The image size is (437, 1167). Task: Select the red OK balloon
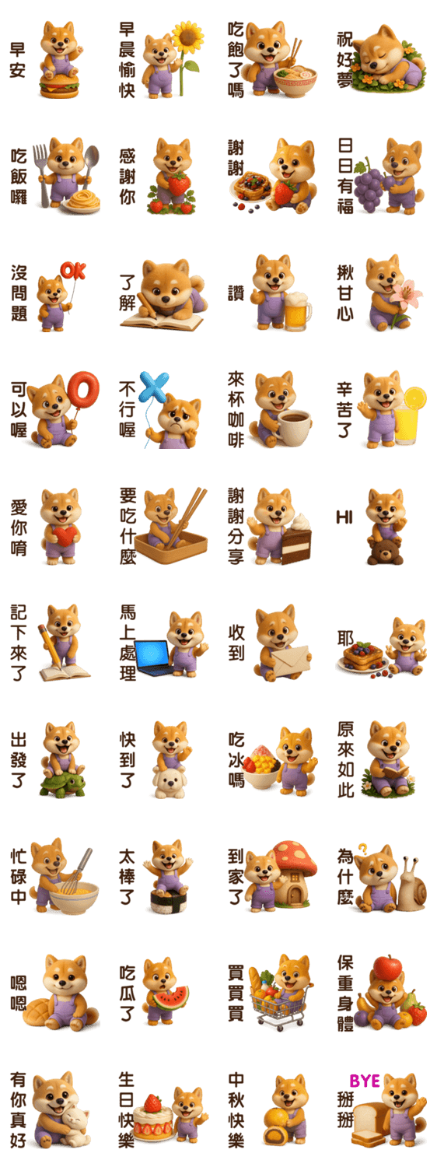[x=73, y=271]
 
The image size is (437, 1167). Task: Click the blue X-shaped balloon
[x=154, y=387]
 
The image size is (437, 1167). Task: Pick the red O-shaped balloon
[x=83, y=389]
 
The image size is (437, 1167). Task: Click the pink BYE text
[x=365, y=1081]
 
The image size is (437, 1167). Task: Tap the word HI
[x=344, y=517]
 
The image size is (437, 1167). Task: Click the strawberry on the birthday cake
[x=152, y=1103]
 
